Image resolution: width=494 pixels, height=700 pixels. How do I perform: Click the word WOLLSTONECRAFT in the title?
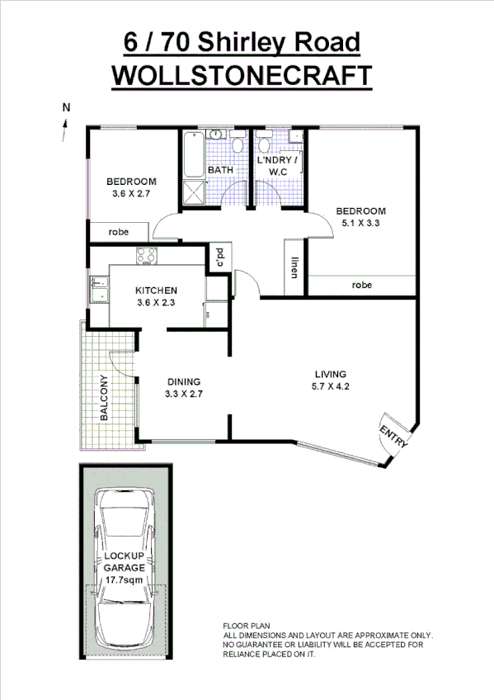coord(241,75)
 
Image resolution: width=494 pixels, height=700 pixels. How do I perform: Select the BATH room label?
coord(220,170)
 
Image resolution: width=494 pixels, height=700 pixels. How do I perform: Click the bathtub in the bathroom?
coord(193,154)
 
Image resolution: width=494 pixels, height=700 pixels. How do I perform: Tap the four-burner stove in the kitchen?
coord(146,257)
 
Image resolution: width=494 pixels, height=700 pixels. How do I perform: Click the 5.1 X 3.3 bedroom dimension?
coord(360,222)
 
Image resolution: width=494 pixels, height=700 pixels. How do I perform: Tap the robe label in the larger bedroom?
coord(361,285)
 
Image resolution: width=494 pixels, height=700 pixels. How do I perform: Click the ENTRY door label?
coord(393,436)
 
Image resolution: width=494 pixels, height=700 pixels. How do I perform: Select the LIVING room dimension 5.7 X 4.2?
coord(331,385)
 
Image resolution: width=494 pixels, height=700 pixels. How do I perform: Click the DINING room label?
coord(185,381)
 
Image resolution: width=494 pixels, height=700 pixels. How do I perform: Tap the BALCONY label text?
coord(105,399)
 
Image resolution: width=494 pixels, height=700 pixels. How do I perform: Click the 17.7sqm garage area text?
coord(125,579)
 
